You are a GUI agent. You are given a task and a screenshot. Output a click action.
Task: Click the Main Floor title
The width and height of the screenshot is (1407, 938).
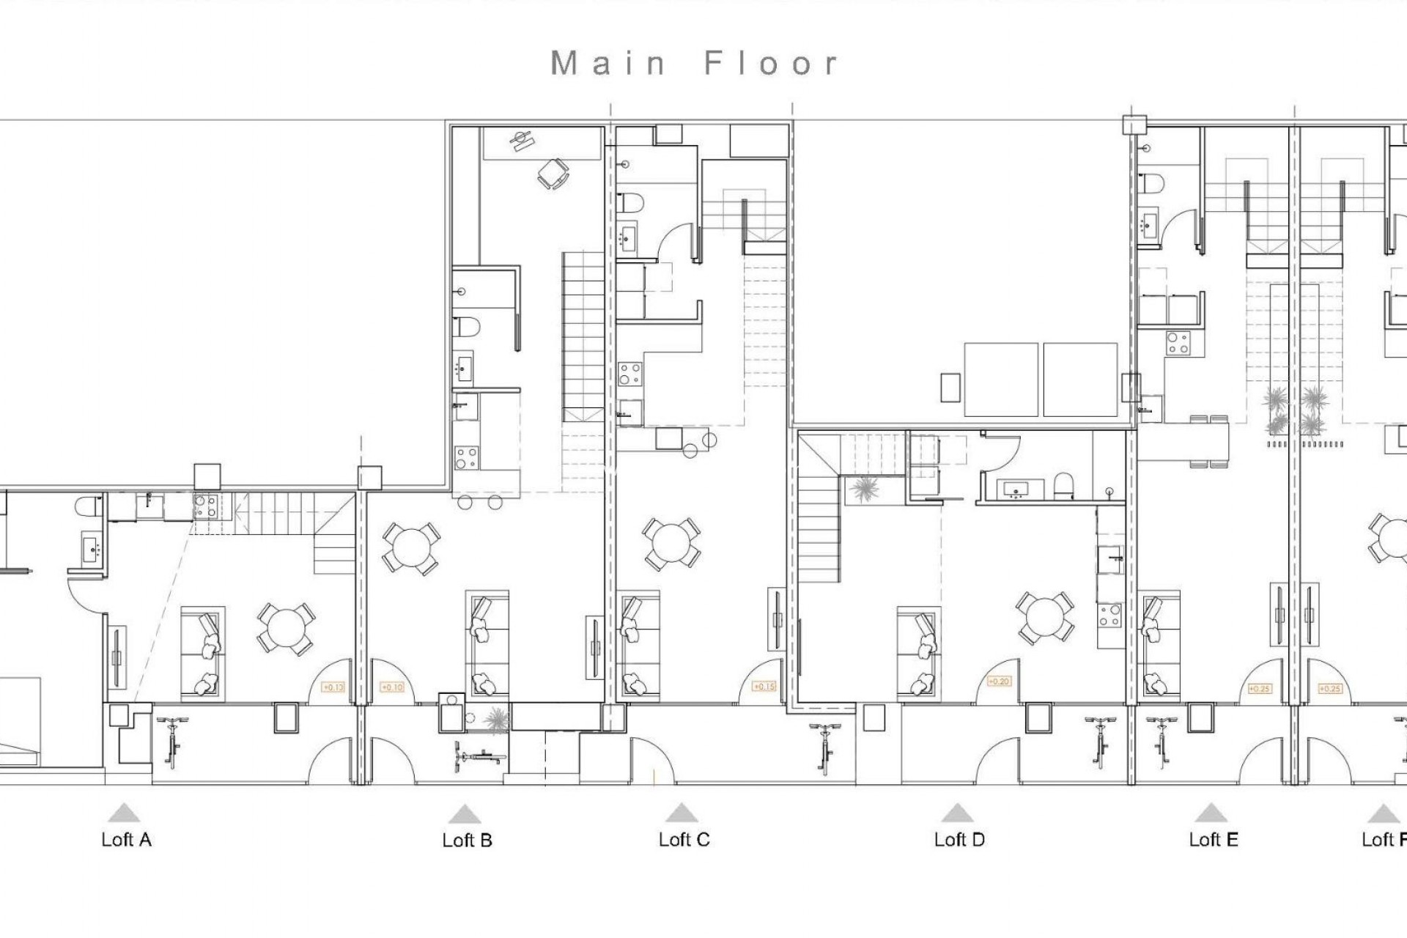pos(694,64)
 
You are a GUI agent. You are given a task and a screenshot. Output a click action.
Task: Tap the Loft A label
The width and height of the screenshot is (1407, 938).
pos(126,840)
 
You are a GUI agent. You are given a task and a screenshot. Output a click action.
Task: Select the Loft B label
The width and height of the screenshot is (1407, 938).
pos(467,841)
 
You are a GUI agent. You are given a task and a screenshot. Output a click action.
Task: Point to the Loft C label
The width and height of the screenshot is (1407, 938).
pos(684,840)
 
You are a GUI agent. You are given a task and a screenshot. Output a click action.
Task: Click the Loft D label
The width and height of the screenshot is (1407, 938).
pos(959,840)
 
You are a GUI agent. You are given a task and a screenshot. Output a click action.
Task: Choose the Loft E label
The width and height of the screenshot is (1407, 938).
pos(1214,840)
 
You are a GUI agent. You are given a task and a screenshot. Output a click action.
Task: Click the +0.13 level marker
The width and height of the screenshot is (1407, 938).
pos(333,687)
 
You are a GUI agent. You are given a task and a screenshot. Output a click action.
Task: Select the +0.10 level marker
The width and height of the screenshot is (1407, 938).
pos(393,687)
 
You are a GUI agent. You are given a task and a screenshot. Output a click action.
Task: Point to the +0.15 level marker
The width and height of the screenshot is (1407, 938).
pos(764,687)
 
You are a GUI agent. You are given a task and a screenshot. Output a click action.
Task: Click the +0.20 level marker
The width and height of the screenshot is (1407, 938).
pos(999,682)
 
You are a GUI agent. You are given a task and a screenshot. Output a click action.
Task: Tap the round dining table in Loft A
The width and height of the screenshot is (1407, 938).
pos(286,628)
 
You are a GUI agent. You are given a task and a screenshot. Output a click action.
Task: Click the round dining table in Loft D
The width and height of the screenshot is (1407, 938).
pos(1045,618)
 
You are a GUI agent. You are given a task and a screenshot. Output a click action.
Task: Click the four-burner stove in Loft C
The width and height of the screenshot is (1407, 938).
pos(629,374)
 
